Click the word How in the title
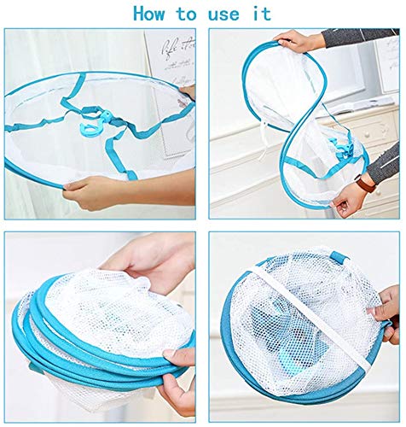[x=149, y=14]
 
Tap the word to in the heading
[x=187, y=15]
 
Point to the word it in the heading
[x=262, y=14]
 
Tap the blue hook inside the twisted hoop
[x=342, y=149]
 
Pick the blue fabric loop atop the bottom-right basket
[x=339, y=257]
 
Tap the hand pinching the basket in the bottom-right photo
[x=386, y=314]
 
